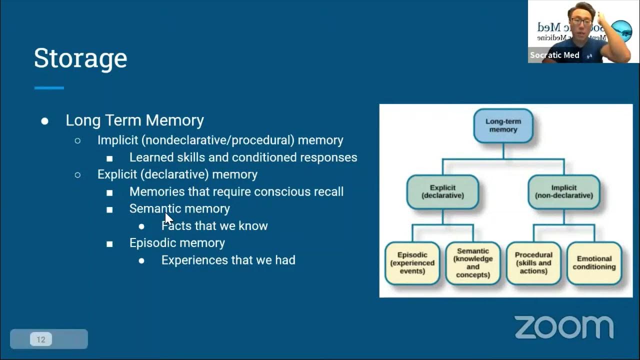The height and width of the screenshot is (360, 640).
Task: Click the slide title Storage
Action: (x=80, y=58)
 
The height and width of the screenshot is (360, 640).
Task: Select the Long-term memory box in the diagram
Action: (x=503, y=125)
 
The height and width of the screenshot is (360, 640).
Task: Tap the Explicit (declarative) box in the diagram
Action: (x=442, y=191)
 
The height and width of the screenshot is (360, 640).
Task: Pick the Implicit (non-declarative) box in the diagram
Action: (x=564, y=191)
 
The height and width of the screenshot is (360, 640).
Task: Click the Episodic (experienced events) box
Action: (x=412, y=263)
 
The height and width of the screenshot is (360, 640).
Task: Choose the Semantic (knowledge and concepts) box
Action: (x=473, y=263)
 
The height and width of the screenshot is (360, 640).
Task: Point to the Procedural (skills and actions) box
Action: (x=533, y=263)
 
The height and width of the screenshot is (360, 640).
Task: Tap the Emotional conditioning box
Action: (x=594, y=263)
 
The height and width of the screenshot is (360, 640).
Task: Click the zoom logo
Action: (x=564, y=327)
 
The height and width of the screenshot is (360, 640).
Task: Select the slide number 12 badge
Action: (x=41, y=339)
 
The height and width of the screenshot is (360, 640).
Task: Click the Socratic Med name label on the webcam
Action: (x=554, y=55)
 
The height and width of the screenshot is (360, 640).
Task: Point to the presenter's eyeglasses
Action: (x=580, y=22)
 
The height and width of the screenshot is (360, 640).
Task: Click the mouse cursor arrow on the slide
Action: (x=168, y=218)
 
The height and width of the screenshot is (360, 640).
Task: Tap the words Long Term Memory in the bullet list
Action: (x=134, y=120)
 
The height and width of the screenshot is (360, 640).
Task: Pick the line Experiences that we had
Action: (x=228, y=260)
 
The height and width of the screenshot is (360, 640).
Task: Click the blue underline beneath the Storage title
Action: (x=49, y=88)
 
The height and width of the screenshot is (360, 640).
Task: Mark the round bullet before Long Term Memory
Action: (x=45, y=121)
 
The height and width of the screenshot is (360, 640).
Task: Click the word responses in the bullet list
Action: (x=328, y=157)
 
